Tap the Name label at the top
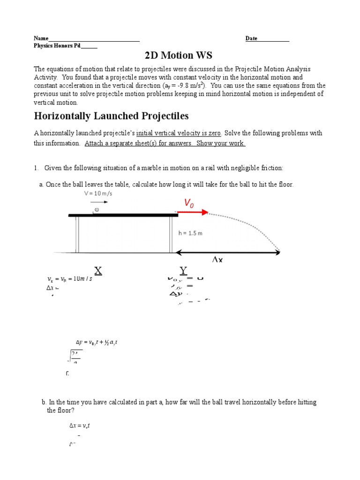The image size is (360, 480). point(41,38)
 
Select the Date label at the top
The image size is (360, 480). point(251,38)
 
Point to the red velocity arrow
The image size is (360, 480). point(193,212)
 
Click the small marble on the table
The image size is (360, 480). point(97,210)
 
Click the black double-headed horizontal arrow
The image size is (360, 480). point(228,252)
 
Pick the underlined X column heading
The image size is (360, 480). point(98,270)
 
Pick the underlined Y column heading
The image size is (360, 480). point(184,270)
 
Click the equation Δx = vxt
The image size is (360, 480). point(80,426)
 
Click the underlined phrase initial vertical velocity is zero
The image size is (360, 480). point(179,133)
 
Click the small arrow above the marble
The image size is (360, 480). point(102,202)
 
